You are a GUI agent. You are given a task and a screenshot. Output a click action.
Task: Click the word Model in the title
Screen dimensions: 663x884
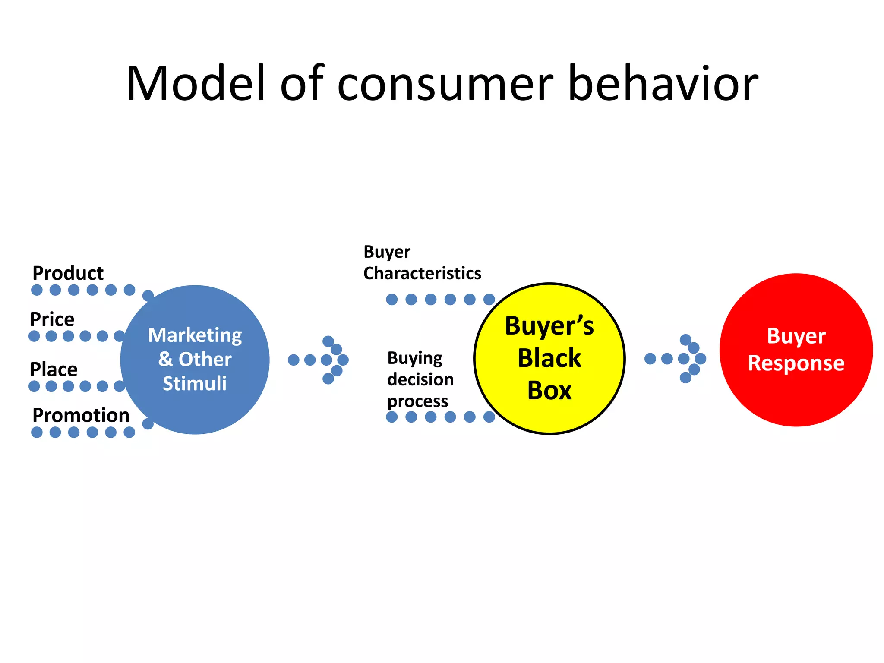click(195, 83)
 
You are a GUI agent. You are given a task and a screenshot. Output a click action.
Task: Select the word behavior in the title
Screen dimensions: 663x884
click(663, 83)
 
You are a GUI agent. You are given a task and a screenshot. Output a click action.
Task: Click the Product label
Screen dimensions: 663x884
click(68, 273)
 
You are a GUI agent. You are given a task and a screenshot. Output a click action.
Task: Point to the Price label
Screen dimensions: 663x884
click(52, 319)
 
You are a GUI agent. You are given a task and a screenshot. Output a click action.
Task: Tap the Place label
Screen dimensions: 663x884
click(54, 369)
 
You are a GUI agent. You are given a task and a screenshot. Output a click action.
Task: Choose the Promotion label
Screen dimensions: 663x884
click(81, 415)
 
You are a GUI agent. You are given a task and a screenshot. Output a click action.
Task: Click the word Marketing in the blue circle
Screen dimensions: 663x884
click(195, 335)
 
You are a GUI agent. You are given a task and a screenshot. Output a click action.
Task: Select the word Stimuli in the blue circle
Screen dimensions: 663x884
click(195, 383)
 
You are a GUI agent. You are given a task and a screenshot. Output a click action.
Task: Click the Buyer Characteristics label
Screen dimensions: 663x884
click(422, 262)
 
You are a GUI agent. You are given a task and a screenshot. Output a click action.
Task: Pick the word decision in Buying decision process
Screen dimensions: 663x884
click(420, 380)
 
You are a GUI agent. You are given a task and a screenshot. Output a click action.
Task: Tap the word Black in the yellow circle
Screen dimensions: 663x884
click(549, 358)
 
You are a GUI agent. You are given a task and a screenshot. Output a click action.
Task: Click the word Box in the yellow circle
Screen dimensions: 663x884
click(549, 391)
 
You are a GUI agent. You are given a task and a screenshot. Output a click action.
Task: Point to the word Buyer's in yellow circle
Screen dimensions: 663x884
click(549, 326)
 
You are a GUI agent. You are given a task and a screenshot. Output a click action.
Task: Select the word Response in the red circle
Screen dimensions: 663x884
click(796, 363)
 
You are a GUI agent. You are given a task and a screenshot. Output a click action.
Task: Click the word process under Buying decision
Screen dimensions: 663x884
click(418, 401)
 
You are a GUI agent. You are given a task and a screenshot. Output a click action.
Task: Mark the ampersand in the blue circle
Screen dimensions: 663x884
click(165, 359)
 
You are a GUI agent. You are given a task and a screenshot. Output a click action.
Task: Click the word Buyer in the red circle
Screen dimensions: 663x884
click(796, 336)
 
